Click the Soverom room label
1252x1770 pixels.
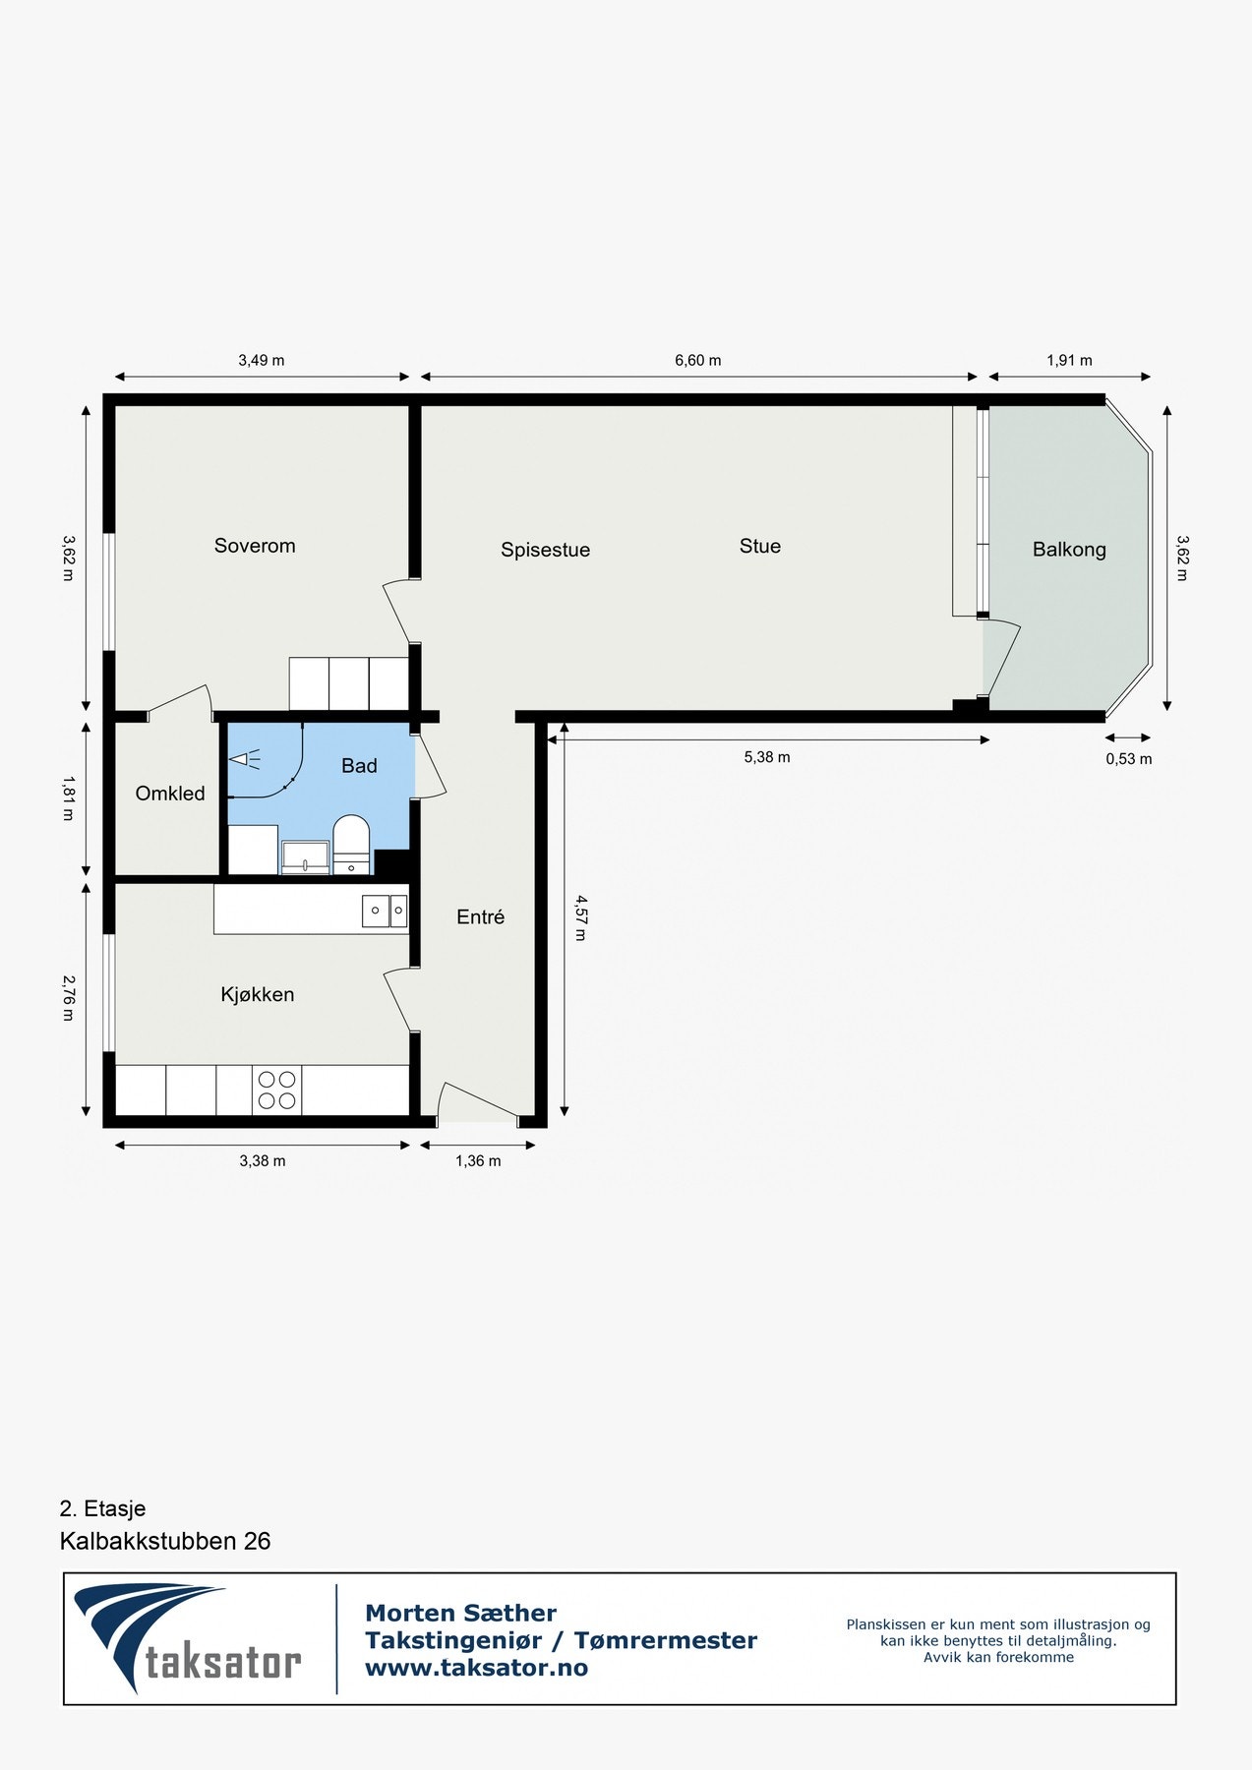(255, 546)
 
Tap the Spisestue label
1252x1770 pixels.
(545, 550)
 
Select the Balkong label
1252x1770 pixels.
(1069, 550)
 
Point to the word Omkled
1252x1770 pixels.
(170, 794)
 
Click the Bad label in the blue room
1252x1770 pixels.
(359, 766)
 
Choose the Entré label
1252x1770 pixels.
(480, 916)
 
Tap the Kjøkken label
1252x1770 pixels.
(258, 994)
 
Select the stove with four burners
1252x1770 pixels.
(277, 1090)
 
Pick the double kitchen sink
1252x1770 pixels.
(385, 912)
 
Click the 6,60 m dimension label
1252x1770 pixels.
(697, 361)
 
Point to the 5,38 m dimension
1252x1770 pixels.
(767, 757)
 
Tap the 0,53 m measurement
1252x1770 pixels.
(1129, 759)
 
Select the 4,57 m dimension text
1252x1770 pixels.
(580, 917)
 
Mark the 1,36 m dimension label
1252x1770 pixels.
(478, 1161)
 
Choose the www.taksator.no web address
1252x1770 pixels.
(476, 1668)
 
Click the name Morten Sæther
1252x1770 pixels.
(460, 1613)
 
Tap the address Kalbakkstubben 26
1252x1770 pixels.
(165, 1541)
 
